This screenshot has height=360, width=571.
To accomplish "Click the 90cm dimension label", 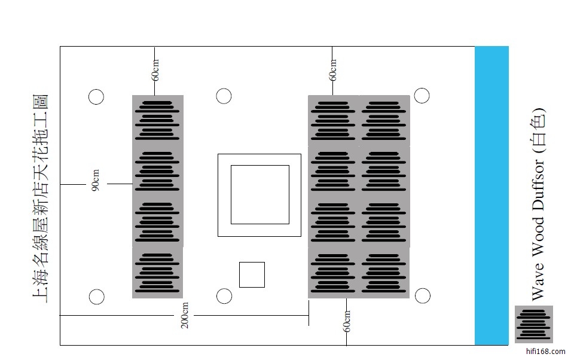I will tap(96, 181).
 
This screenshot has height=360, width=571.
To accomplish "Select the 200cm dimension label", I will tap(185, 315).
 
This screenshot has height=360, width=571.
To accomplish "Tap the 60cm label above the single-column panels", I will tap(155, 70).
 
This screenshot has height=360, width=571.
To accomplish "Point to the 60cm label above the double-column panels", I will tap(333, 70).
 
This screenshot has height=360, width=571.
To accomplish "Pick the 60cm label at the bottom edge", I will tap(347, 322).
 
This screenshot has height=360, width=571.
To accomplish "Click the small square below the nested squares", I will tap(252, 274).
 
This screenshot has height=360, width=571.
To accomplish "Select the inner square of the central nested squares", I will tap(259, 194).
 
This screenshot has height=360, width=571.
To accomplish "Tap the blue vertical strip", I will tap(491, 196).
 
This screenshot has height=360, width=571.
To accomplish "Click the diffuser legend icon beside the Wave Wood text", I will tap(533, 324).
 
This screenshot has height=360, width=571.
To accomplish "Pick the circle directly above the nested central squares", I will tap(224, 96).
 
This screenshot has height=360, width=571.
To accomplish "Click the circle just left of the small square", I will tap(224, 295).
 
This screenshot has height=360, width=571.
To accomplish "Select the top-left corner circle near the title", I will tap(96, 97).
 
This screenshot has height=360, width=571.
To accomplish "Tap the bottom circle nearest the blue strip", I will tap(423, 295).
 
